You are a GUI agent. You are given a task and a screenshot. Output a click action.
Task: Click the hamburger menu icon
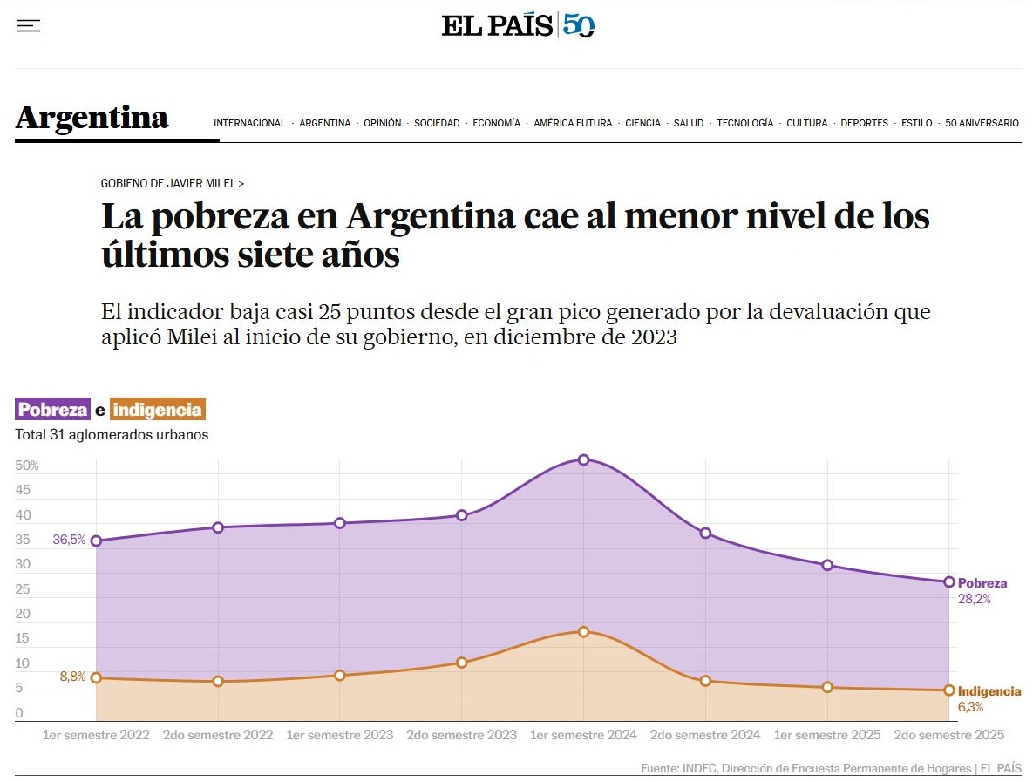coord(29,26)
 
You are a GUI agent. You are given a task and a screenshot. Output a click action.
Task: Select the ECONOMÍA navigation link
coord(496,124)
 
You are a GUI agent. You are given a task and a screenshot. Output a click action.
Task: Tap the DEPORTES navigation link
coord(864,124)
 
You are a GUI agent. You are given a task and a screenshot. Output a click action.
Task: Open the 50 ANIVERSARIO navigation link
coord(982,124)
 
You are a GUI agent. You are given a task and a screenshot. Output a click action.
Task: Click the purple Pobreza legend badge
coord(53,410)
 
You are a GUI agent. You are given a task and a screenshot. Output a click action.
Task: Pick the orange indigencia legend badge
coord(158,410)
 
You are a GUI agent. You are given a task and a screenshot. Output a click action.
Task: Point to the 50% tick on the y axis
coord(27,466)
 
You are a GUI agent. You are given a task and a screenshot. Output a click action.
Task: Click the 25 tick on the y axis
coord(23,589)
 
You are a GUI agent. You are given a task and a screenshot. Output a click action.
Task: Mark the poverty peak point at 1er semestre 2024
coord(584,459)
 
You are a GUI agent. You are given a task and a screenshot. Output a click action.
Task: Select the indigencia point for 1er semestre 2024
coord(584,631)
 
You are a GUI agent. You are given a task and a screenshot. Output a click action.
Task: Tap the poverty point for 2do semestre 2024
coord(705,533)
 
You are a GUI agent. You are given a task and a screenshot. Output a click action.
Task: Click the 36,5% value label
coord(69,540)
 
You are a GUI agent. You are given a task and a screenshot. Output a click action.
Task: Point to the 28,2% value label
coord(974,599)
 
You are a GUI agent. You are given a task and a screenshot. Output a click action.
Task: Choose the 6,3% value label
coord(970,707)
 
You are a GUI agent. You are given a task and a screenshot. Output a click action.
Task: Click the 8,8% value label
coord(72,677)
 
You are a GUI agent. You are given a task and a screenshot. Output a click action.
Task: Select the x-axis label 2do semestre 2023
coord(462,735)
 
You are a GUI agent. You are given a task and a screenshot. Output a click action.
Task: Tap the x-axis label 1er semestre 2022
coord(96,735)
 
